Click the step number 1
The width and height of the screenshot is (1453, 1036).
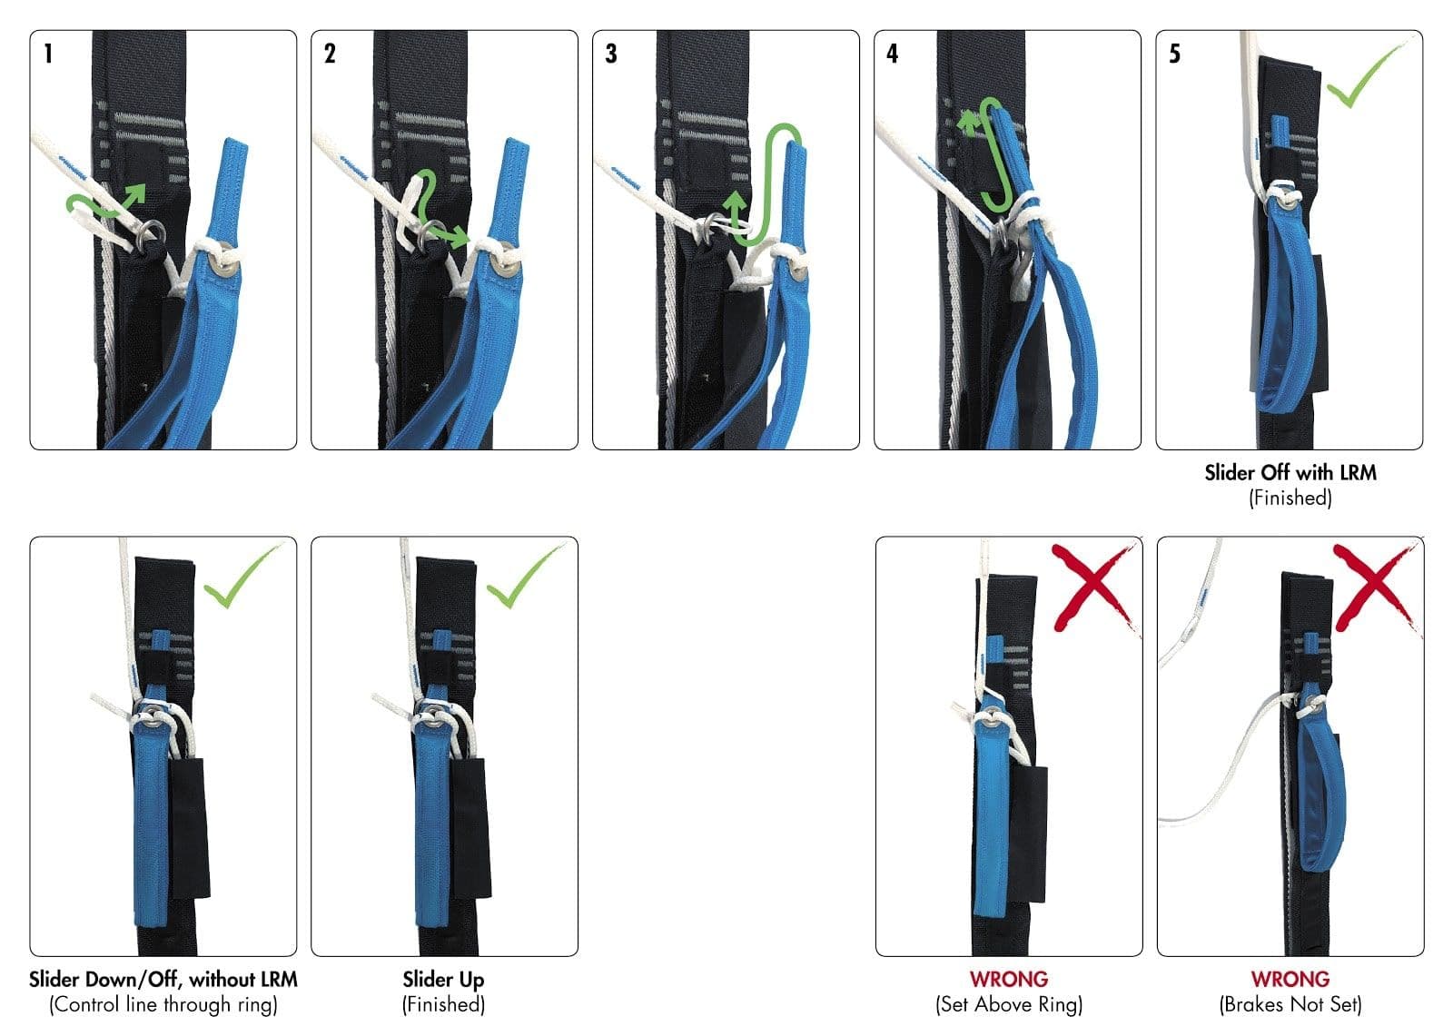point(48,54)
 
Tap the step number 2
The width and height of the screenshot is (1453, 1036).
point(330,54)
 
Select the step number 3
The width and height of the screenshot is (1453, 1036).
point(611,54)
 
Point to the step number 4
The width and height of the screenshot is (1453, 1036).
point(893,54)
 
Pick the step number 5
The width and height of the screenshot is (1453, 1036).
point(1174,54)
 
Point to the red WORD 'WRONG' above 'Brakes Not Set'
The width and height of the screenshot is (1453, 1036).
point(1290,980)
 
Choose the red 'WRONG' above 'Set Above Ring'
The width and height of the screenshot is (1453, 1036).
point(1008,980)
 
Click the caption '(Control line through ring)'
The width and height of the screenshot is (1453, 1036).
point(163,1005)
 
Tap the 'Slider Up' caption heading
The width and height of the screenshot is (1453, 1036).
point(443,980)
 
